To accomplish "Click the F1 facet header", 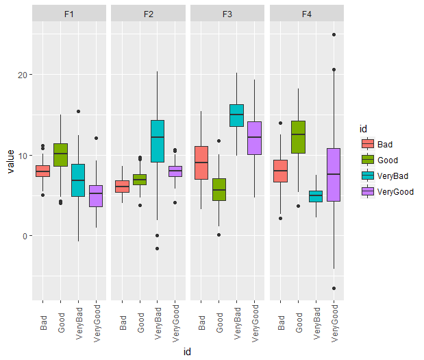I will tap(69, 14).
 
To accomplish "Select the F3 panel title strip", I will tap(228, 14).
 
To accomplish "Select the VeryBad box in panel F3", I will tap(237, 115).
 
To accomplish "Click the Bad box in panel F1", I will tap(42, 171).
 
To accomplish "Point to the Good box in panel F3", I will tap(219, 189).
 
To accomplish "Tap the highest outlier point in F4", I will tap(334, 35).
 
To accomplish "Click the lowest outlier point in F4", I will tap(334, 289).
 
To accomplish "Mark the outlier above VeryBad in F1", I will tap(78, 111).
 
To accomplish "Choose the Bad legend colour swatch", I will tap(367, 144).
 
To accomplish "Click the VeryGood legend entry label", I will tap(395, 192).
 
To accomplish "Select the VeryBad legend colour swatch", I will tap(367, 176).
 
